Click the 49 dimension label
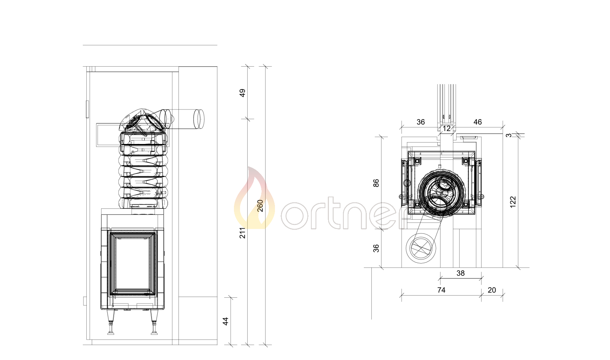(x=242, y=93)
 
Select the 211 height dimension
(x=242, y=233)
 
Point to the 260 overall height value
(x=260, y=206)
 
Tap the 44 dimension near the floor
(x=226, y=321)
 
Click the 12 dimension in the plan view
(x=447, y=129)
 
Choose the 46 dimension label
(x=478, y=122)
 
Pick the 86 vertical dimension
(x=376, y=183)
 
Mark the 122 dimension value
(x=513, y=202)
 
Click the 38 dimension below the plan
(x=461, y=273)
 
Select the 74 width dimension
(x=442, y=290)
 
